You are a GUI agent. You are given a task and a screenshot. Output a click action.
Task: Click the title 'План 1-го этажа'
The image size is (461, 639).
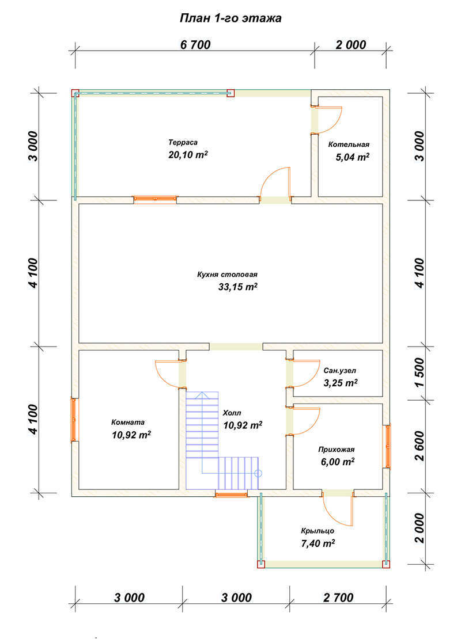[231, 18]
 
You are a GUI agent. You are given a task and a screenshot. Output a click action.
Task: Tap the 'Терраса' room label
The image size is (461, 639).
[183, 143]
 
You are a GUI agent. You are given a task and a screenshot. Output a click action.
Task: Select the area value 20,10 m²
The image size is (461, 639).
[188, 155]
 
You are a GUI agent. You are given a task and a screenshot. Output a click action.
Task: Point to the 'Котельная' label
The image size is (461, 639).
[349, 144]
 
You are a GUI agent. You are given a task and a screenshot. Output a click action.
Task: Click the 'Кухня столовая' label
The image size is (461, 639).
[227, 275]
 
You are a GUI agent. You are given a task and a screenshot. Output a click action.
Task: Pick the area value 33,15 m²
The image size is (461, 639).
[238, 287]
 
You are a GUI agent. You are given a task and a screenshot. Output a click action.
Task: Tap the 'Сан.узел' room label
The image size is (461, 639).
[340, 371]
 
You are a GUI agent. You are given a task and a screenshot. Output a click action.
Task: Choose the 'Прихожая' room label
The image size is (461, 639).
[337, 450]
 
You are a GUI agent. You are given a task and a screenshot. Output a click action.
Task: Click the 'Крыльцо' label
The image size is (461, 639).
[318, 531]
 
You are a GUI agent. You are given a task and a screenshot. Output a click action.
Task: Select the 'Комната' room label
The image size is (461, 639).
[128, 423]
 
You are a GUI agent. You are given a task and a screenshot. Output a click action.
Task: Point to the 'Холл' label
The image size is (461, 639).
[232, 413]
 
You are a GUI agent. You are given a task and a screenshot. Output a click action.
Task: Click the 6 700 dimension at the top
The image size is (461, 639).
[195, 45]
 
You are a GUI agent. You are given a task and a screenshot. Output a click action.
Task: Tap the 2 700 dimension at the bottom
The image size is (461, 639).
[338, 598]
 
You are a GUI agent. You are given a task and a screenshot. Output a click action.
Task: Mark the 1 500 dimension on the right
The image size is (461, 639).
[420, 373]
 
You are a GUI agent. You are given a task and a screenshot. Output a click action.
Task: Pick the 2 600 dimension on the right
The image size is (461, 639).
[420, 446]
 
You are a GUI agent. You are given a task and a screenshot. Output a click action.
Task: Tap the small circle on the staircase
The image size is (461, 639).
[258, 474]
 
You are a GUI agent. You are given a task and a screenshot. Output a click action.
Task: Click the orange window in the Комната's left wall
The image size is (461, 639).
[74, 419]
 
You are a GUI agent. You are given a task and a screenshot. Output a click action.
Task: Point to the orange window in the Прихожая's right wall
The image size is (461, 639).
[387, 447]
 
